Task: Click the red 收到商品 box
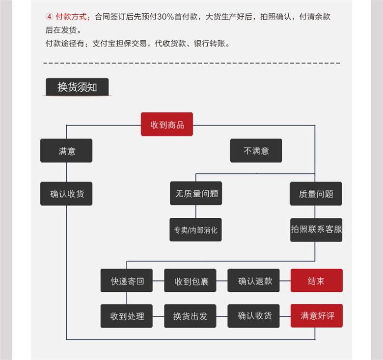tap(167, 125)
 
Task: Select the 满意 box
tap(66, 151)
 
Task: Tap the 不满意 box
tap(256, 151)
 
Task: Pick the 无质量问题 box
tap(196, 193)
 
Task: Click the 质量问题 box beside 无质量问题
tap(316, 194)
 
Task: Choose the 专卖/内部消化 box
tap(195, 230)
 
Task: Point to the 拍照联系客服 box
tap(316, 230)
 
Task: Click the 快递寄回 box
tap(127, 281)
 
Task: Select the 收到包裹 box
tap(191, 281)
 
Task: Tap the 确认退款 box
tap(253, 281)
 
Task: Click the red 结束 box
tap(317, 281)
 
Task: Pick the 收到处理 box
tap(127, 316)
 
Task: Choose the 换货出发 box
tap(191, 316)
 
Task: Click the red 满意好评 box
tap(317, 316)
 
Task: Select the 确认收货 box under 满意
tap(66, 194)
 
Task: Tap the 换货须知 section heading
tap(77, 87)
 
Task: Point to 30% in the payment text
tap(165, 17)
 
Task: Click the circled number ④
tap(49, 16)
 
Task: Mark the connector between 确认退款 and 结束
tap(285, 281)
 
